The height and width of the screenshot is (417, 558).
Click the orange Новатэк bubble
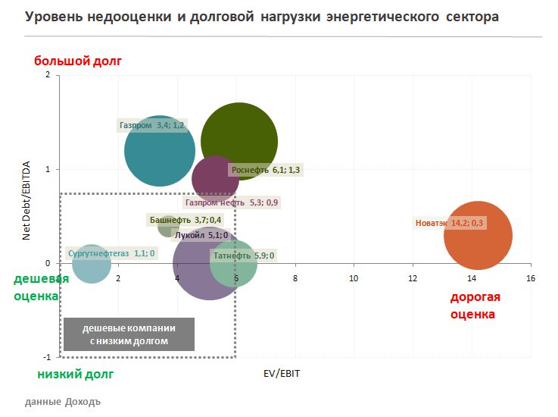[478, 236]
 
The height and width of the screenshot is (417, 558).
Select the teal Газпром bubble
[160, 151]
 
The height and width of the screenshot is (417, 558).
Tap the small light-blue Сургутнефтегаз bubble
[92, 264]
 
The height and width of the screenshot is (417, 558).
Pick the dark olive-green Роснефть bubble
[239, 141]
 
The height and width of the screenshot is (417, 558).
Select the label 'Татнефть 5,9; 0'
[244, 256]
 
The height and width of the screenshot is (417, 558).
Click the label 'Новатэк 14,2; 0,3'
[450, 223]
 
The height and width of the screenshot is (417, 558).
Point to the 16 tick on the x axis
[531, 278]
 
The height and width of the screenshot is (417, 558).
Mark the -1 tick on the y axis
[47, 357]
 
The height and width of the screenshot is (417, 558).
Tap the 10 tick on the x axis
[354, 278]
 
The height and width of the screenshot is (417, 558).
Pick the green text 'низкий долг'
[75, 374]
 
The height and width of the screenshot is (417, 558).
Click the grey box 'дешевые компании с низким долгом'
[129, 334]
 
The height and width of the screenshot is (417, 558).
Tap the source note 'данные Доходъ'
[63, 401]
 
